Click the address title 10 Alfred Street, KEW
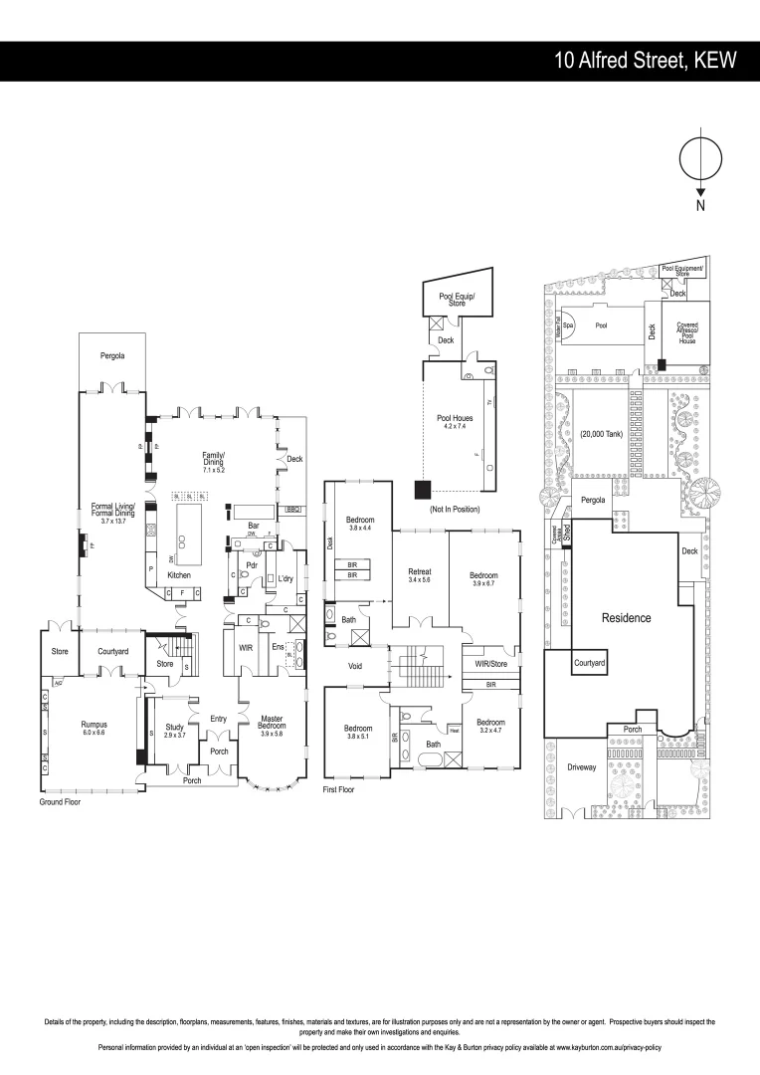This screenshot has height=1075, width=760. coord(646,61)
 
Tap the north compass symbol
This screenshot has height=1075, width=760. coord(700,161)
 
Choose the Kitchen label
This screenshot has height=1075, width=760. coord(179,575)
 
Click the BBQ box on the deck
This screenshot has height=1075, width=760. coord(292,509)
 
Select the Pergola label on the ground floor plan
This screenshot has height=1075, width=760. coord(111,355)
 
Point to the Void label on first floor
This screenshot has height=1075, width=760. coord(354,666)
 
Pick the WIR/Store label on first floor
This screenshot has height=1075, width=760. coord(491,663)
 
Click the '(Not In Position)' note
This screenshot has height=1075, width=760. coord(456,510)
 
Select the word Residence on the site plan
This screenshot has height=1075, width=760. coord(626,618)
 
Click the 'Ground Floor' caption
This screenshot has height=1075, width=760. coord(60,801)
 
